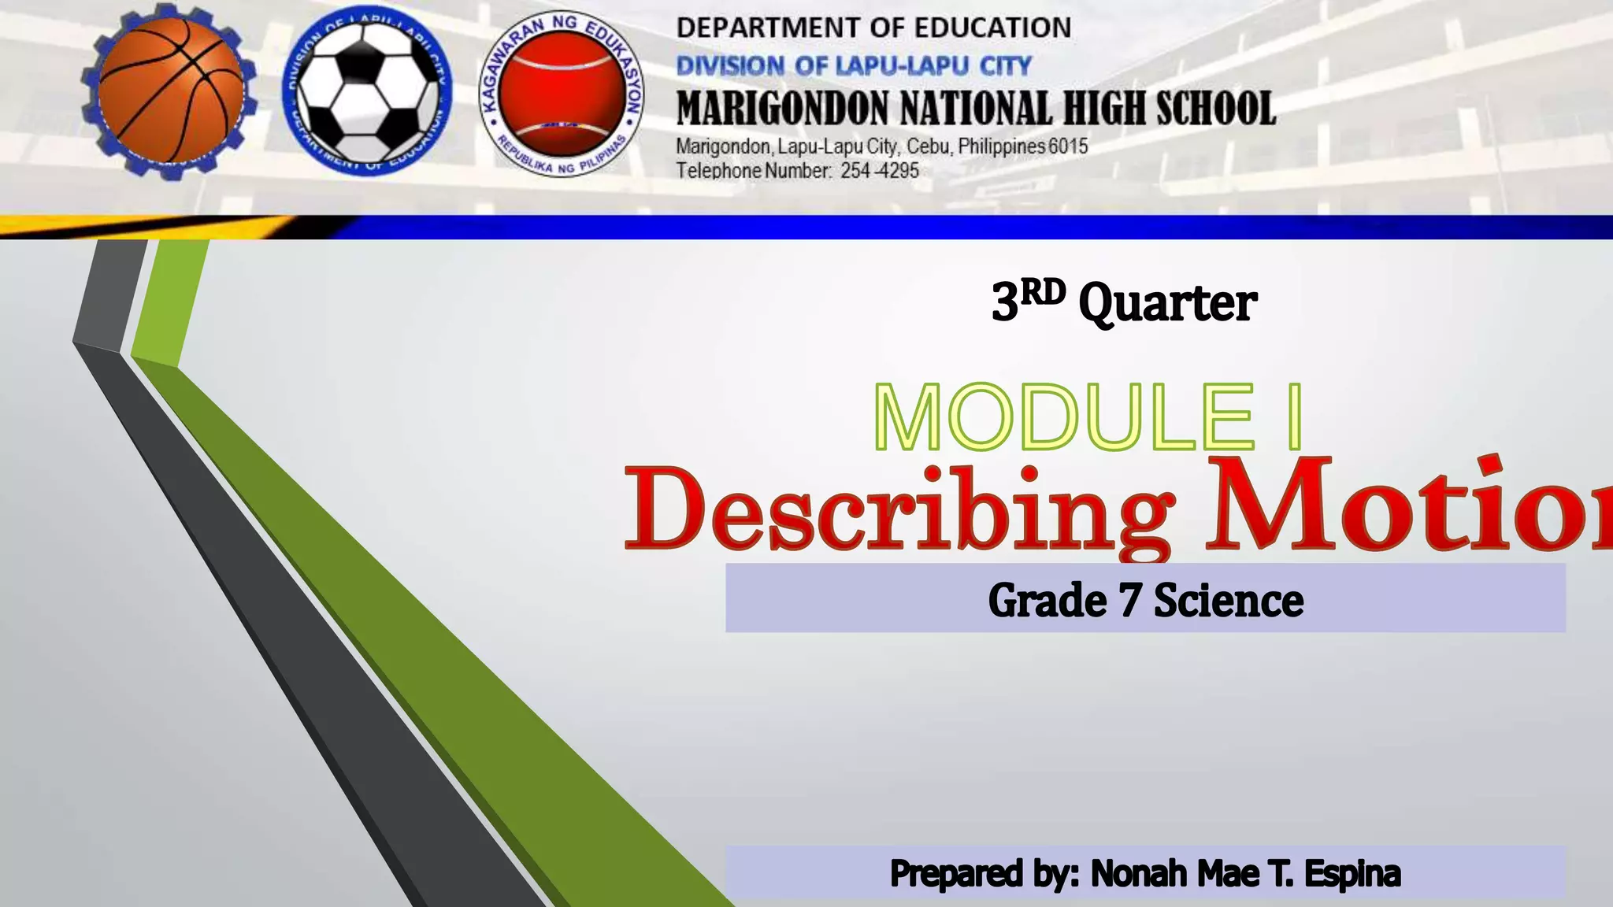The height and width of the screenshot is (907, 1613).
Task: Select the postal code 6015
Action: pos(1068,146)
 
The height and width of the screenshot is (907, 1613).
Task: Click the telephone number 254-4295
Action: pos(880,171)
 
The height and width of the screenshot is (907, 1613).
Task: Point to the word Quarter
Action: pos(1167,304)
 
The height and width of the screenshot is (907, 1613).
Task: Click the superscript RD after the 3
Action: pos(1043,293)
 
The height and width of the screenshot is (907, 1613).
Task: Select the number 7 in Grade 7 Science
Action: pos(1129,601)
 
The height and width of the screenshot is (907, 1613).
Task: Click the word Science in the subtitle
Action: pos(1229,601)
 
